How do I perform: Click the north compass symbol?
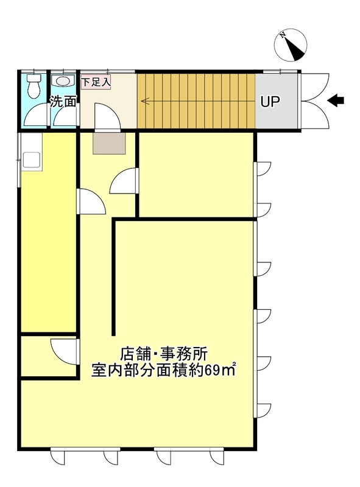click(291, 44)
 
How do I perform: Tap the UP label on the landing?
click(270, 102)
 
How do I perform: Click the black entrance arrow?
click(336, 100)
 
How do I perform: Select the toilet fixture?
click(34, 85)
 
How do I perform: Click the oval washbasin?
click(63, 81)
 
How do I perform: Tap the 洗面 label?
click(63, 101)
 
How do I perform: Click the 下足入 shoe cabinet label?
click(96, 83)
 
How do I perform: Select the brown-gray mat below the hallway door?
click(109, 143)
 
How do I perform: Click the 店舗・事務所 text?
click(164, 354)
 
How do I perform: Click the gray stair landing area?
click(277, 101)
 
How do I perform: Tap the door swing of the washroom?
click(65, 116)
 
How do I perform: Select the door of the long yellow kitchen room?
click(91, 201)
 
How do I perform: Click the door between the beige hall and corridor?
click(107, 116)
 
